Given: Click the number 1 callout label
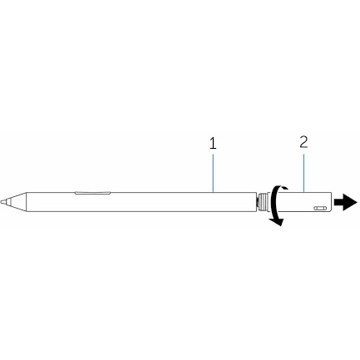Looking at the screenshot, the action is click(213, 144).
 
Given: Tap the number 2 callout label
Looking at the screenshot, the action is click(303, 142).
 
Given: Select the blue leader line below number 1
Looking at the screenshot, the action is click(213, 173).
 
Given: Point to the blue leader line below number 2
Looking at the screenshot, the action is click(303, 173).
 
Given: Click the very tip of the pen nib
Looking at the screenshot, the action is click(1, 202).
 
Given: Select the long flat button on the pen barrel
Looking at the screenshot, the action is click(92, 193).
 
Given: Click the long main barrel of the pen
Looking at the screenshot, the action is click(141, 202).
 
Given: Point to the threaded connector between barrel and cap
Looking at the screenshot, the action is click(262, 202).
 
